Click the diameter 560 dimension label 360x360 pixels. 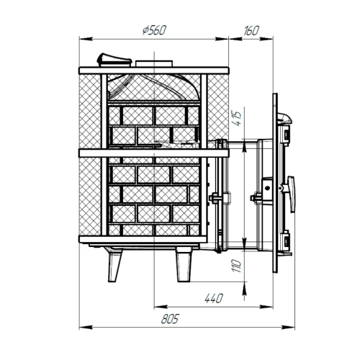point(154,30)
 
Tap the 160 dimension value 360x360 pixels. point(251,31)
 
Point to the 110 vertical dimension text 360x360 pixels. point(237,266)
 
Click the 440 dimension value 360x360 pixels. point(214,298)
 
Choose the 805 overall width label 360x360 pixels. point(170,319)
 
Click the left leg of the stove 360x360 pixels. point(114,264)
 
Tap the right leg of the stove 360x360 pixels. point(184,264)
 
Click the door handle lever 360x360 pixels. point(291,194)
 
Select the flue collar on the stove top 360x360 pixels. point(154,63)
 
